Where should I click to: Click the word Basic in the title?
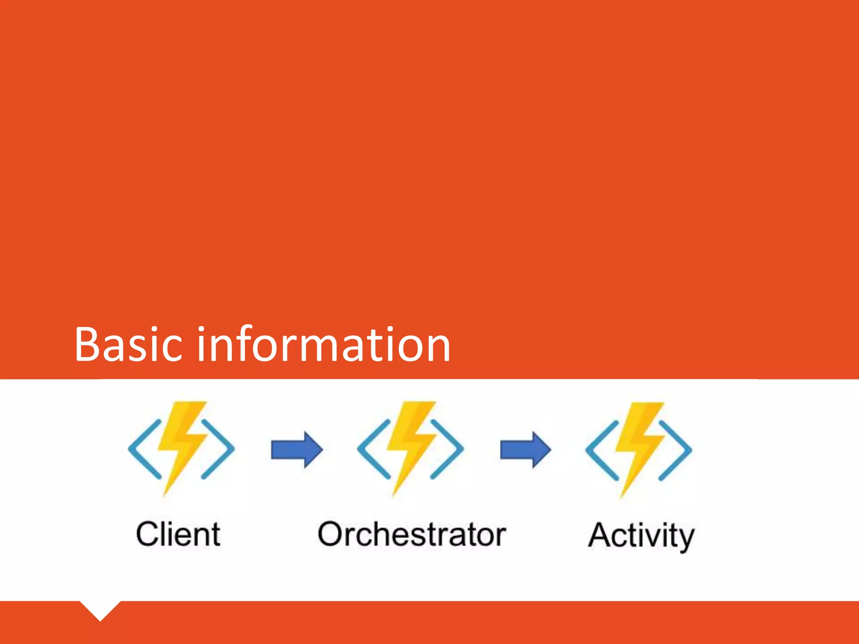coord(128,345)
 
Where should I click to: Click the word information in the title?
coord(323,345)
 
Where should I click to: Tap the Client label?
coord(178,534)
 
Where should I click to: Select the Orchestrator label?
coord(411,534)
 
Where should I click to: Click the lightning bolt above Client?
coord(182,444)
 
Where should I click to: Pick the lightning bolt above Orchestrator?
coord(411,444)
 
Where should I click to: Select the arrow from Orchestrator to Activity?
coord(525,450)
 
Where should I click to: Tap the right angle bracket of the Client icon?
coord(219,449)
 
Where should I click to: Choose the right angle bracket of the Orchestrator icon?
coord(448,449)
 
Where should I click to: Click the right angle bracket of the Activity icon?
coord(676,450)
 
